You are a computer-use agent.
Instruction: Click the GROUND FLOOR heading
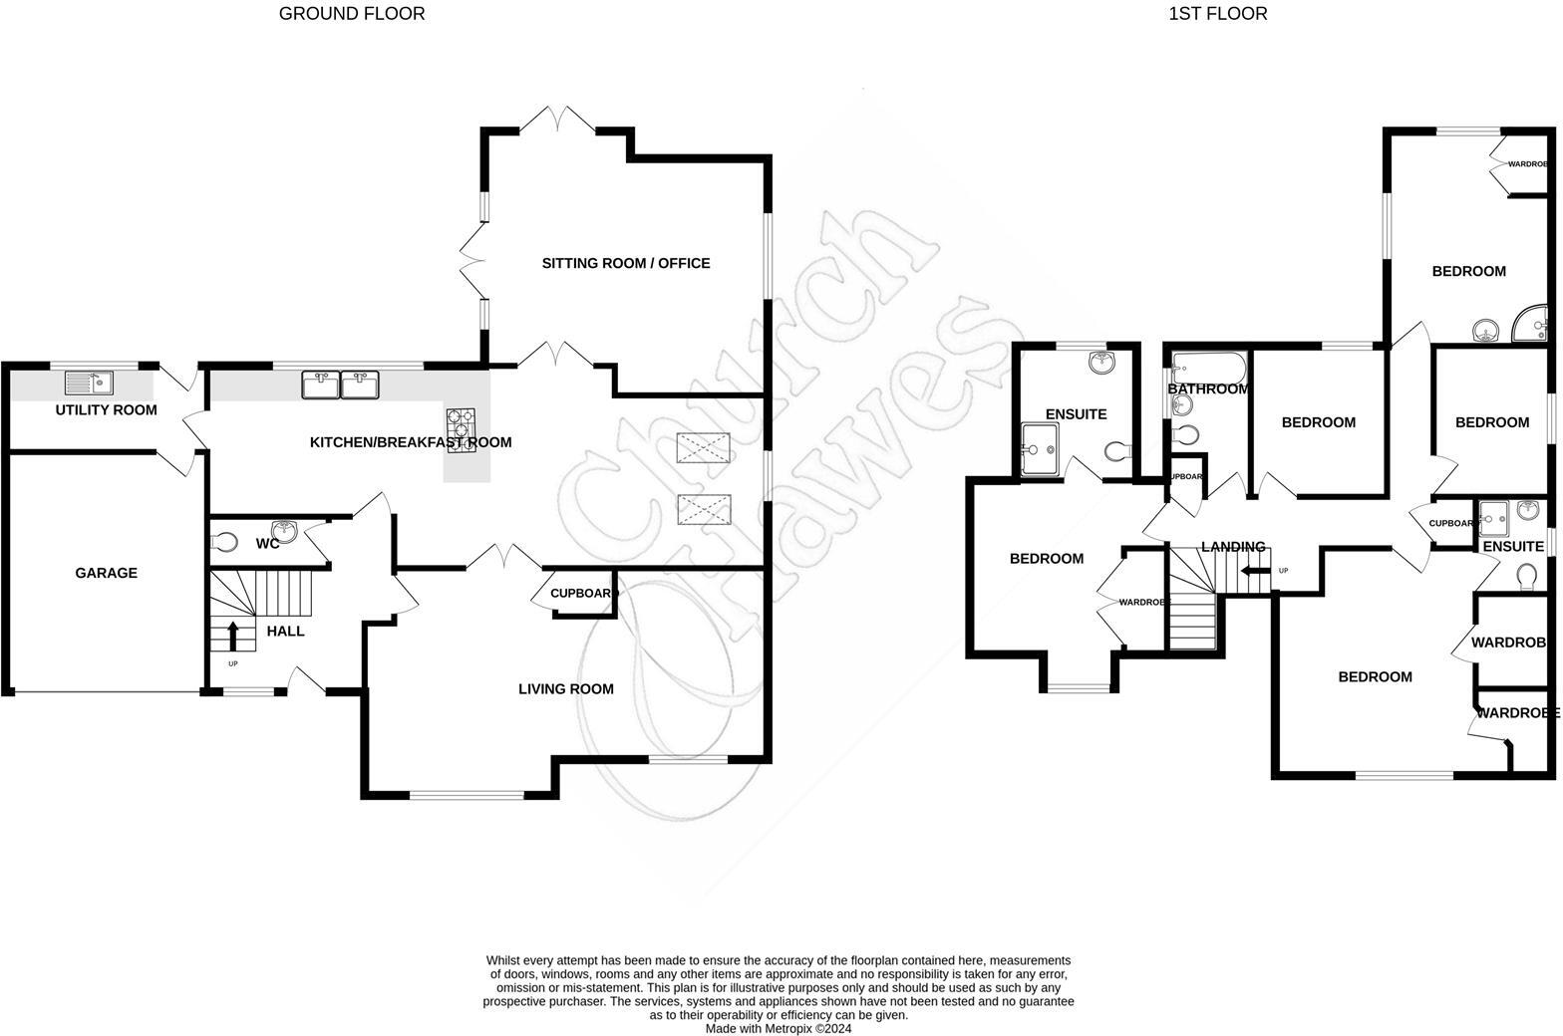tap(351, 14)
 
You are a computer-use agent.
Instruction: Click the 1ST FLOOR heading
tap(1218, 14)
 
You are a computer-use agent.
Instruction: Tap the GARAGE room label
tap(106, 573)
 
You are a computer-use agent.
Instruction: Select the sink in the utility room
tap(90, 383)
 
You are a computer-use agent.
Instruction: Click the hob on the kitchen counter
tap(461, 430)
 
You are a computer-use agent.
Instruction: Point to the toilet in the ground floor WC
tap(225, 543)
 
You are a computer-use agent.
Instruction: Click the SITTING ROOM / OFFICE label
tap(625, 263)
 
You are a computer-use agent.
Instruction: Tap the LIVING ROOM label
tap(565, 688)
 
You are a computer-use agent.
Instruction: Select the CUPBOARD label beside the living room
tap(584, 593)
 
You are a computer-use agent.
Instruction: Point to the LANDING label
tap(1233, 547)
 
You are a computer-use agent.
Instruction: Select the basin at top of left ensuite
tap(1102, 363)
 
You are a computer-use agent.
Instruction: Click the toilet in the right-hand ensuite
tap(1525, 577)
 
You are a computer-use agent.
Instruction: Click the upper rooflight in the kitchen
tap(702, 448)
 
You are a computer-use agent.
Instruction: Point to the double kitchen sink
tap(340, 385)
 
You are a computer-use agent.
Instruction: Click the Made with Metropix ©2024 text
tap(779, 1028)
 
